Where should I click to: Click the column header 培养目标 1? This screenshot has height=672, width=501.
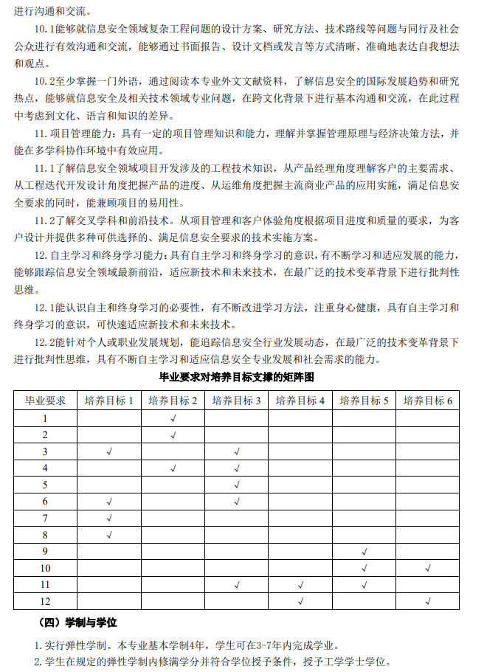click(108, 401)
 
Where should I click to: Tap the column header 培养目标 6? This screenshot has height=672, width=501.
click(427, 401)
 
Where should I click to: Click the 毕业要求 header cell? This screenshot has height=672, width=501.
click(46, 401)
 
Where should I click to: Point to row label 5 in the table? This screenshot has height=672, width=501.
click(46, 485)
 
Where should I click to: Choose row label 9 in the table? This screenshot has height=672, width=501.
click(46, 551)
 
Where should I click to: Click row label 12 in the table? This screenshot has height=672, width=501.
click(46, 601)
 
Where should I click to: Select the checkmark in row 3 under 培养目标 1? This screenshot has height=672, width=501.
click(108, 451)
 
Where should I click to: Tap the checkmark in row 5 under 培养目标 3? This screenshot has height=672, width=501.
click(237, 485)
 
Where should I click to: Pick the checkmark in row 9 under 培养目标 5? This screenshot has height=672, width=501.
click(364, 551)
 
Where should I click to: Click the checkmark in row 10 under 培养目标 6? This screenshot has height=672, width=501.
click(427, 568)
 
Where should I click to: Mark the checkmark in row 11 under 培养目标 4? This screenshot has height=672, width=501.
click(300, 585)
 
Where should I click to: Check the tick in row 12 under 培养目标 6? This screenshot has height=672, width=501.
click(427, 601)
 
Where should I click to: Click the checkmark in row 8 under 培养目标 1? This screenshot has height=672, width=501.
click(108, 535)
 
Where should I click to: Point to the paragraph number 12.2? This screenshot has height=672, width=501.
click(47, 342)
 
